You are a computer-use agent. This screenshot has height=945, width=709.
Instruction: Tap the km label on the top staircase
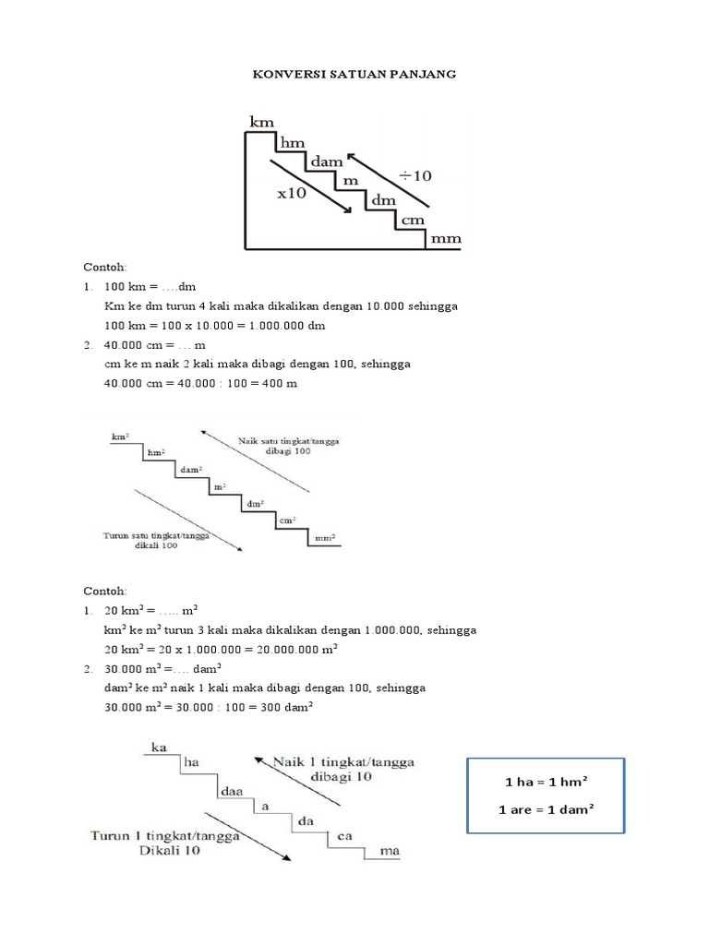(263, 120)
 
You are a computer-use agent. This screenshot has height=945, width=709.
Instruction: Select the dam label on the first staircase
(327, 161)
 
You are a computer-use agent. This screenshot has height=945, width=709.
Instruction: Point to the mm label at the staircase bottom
(445, 239)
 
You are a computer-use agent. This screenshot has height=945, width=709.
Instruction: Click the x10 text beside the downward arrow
(291, 193)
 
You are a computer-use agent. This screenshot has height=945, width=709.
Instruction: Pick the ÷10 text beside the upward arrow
(415, 173)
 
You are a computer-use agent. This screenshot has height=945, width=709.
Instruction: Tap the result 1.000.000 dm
(274, 326)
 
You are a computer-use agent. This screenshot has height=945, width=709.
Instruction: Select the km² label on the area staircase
(118, 435)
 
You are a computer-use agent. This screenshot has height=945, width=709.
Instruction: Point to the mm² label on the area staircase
(325, 537)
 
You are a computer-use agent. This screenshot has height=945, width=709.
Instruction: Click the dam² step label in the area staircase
(191, 469)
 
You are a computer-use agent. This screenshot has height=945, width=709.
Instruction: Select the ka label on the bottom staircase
(160, 747)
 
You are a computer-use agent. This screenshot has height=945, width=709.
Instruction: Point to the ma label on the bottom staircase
(390, 852)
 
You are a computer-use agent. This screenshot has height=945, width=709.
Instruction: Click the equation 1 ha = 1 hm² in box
(547, 782)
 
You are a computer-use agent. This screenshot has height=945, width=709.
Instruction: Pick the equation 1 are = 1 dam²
(547, 810)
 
